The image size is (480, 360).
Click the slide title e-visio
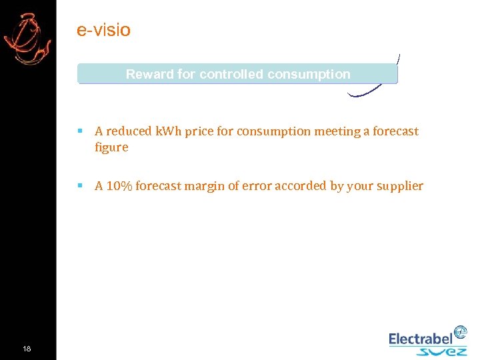[x=103, y=30]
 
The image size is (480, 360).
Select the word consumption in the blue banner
[x=314, y=74]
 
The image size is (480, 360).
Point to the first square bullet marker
[x=80, y=131]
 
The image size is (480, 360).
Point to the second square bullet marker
[x=80, y=185]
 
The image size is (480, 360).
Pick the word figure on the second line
[x=111, y=147]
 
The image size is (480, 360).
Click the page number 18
[x=27, y=349]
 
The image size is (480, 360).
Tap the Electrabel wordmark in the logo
[x=421, y=339]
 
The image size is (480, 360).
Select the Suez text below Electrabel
[x=441, y=351]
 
